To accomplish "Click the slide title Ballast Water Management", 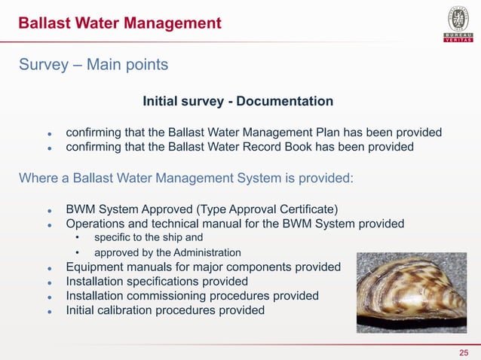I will click(120, 24).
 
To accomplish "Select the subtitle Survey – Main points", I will click(93, 66).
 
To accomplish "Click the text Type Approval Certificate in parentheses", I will click(265, 209).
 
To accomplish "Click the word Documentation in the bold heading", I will click(285, 101).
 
